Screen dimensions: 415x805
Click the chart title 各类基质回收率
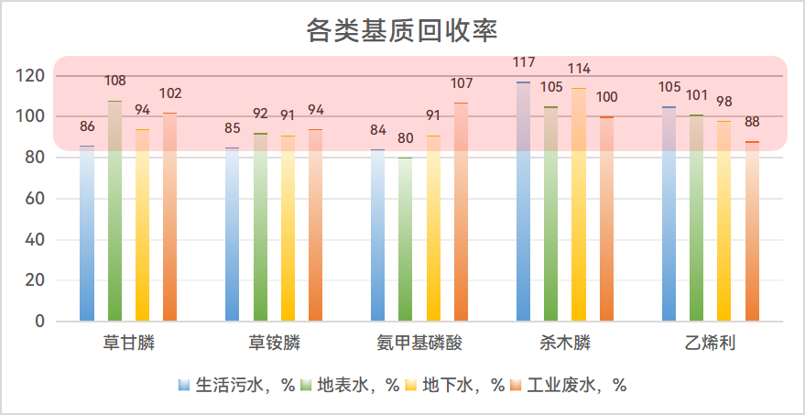tap(402, 30)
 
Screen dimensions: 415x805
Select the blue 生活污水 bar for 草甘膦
tap(87, 234)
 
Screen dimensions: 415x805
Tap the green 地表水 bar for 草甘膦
tap(114, 211)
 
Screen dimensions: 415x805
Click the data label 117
tap(524, 62)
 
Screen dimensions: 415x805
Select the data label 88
tap(752, 123)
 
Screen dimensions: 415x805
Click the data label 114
tap(579, 69)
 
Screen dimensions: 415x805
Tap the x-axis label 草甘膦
tap(128, 344)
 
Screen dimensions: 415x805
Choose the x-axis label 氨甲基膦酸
tap(419, 344)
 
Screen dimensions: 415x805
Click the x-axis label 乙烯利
tap(711, 344)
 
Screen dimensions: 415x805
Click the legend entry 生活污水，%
tap(236, 386)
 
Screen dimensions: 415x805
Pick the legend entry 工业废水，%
tap(568, 386)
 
